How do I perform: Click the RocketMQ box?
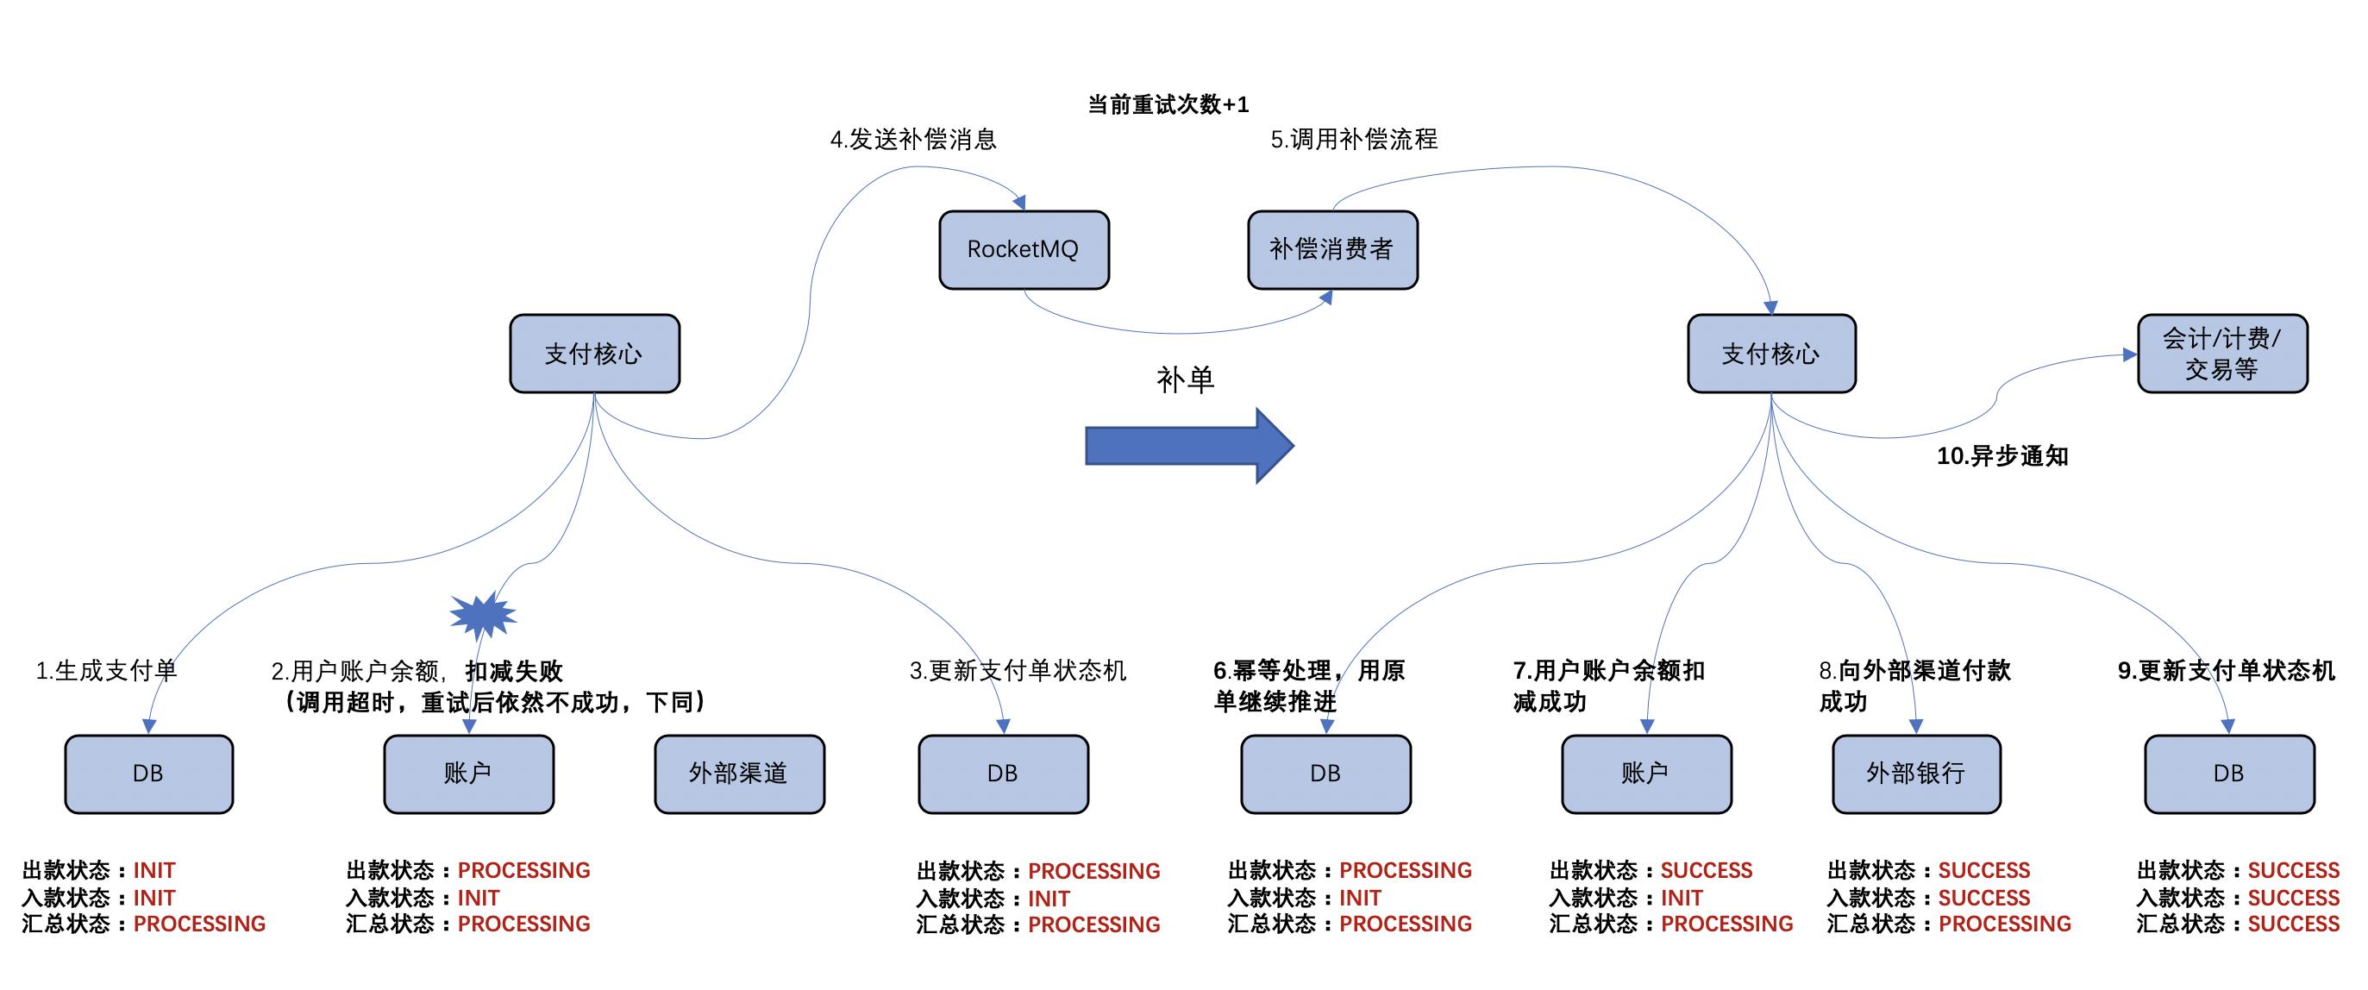(x=1023, y=250)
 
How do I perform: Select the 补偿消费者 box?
(x=1332, y=250)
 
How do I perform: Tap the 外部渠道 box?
(x=739, y=773)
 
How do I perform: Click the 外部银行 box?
(x=1916, y=773)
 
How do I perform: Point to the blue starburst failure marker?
(x=483, y=614)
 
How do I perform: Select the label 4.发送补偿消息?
(x=913, y=140)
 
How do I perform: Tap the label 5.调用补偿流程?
(x=1353, y=140)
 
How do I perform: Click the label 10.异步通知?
(x=2002, y=456)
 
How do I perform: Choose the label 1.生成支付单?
(x=106, y=670)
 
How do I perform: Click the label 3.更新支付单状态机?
(x=1017, y=670)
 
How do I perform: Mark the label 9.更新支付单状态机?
(x=2225, y=670)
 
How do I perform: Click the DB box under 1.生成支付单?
(x=148, y=773)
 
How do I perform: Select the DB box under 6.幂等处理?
(x=1325, y=773)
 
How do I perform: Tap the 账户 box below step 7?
(x=1645, y=773)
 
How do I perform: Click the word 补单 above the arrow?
(x=1185, y=379)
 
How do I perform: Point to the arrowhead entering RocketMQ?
(x=1018, y=203)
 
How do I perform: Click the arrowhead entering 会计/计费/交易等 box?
(x=2129, y=354)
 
